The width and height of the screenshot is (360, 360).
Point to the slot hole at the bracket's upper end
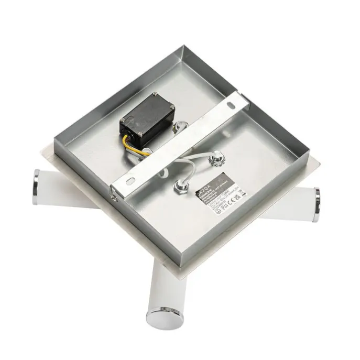(230, 105)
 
